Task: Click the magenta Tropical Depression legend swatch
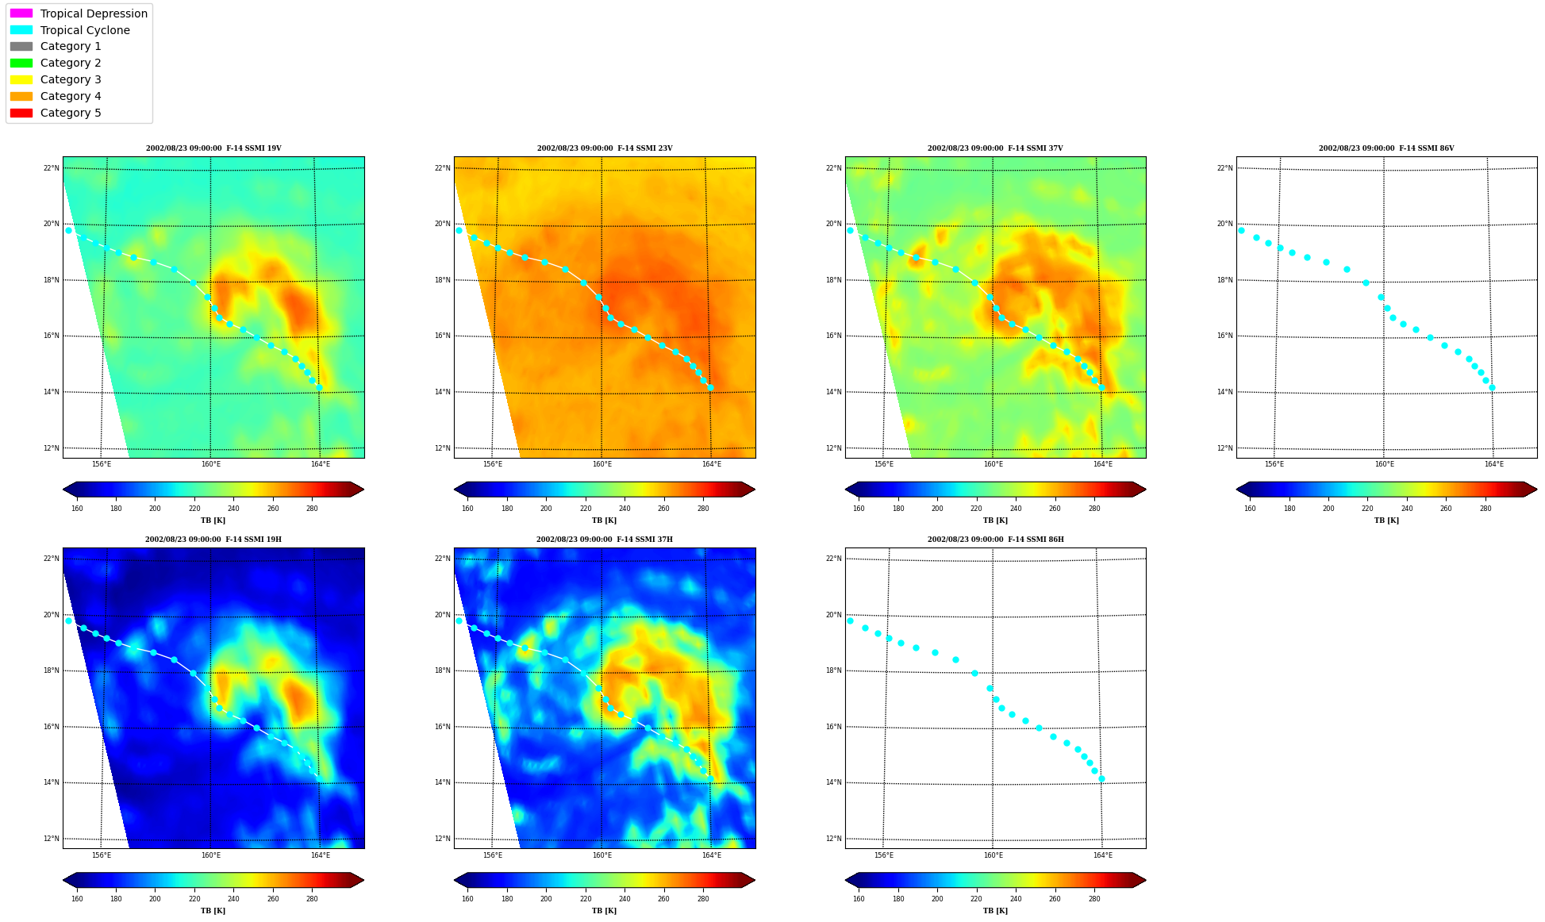[x=21, y=13]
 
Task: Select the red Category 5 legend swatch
[x=21, y=113]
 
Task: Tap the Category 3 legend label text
[x=71, y=79]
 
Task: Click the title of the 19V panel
[x=213, y=148]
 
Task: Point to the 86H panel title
[x=996, y=540]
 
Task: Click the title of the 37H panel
[x=605, y=540]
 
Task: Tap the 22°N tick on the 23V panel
[x=442, y=168]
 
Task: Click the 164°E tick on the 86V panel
[x=1494, y=464]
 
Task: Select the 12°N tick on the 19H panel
[x=51, y=839]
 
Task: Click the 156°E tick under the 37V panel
[x=883, y=464]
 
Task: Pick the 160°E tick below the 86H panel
[x=993, y=855]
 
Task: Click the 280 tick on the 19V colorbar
[x=312, y=509]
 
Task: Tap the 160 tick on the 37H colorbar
[x=467, y=899]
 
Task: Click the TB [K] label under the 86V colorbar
[x=1386, y=521]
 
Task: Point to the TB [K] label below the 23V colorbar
[x=605, y=521]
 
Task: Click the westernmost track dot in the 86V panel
[x=1241, y=230]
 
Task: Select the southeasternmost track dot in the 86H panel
[x=1101, y=778]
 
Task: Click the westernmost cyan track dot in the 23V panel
[x=459, y=230]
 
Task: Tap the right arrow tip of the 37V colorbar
[x=1146, y=490]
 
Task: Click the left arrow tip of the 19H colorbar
[x=63, y=880]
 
